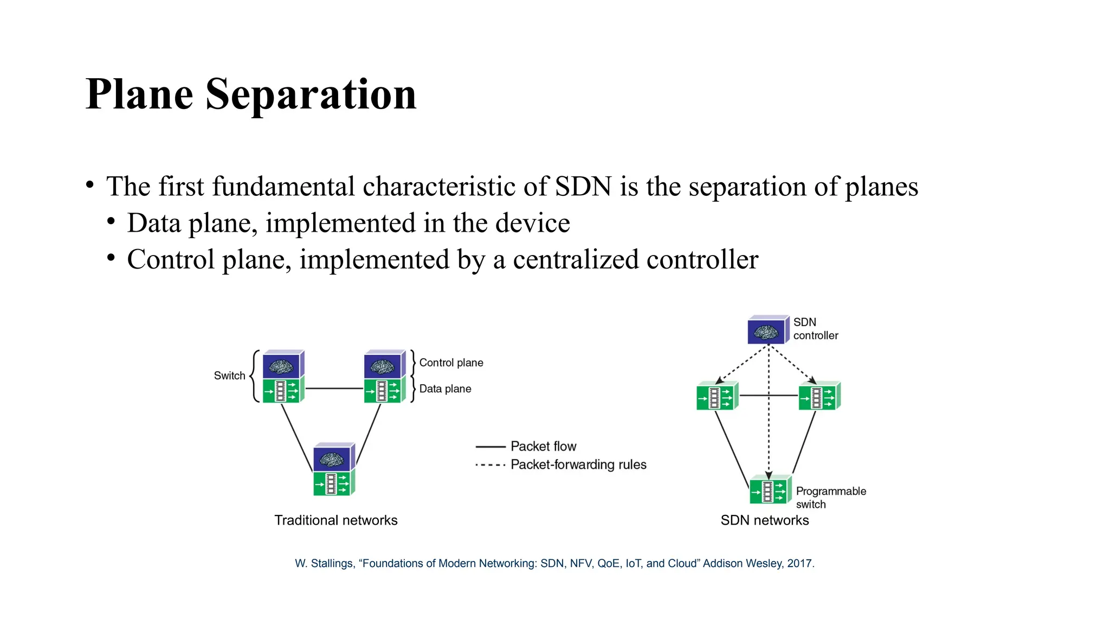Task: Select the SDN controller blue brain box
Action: [766, 331]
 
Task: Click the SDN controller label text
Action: [815, 329]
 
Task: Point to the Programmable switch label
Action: [830, 498]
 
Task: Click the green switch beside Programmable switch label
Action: [768, 491]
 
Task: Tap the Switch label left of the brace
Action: [229, 375]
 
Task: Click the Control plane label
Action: [451, 362]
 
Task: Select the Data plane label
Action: [445, 388]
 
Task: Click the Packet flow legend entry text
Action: [543, 446]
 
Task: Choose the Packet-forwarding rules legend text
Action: [578, 464]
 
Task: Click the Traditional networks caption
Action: [335, 520]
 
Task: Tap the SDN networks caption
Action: [764, 520]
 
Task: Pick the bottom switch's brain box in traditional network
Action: [332, 459]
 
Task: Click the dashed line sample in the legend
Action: [490, 465]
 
